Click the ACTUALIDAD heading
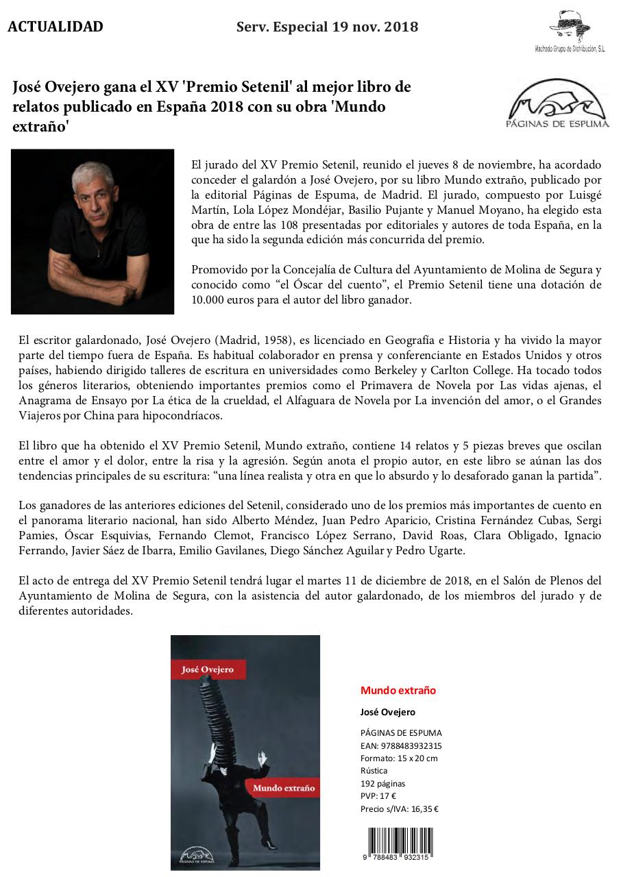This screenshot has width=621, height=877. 56,27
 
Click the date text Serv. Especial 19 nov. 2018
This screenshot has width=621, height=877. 327,27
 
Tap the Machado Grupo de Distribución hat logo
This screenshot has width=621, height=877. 570,27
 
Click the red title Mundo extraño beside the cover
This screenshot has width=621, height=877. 398,690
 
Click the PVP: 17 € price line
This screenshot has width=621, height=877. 378,795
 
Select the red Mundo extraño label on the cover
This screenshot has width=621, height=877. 283,788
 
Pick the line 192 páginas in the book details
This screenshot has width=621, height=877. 382,783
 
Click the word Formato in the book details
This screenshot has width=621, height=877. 376,758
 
